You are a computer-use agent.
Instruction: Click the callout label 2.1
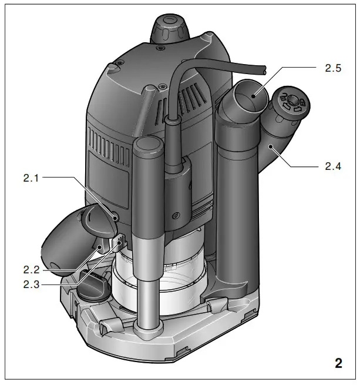pyautogui.click(x=31, y=178)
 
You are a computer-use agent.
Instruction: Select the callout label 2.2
pyautogui.click(x=31, y=270)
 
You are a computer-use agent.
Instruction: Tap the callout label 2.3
pyautogui.click(x=31, y=284)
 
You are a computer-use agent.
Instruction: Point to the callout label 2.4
pyautogui.click(x=333, y=166)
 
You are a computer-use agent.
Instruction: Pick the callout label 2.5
pyautogui.click(x=333, y=68)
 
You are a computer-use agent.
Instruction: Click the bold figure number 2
pyautogui.click(x=339, y=363)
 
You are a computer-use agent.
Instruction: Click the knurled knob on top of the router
pyautogui.click(x=170, y=29)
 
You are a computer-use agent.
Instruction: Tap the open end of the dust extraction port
pyautogui.click(x=250, y=96)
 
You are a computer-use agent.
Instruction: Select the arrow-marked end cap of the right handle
pyautogui.click(x=292, y=102)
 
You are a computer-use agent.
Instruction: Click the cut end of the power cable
pyautogui.click(x=264, y=70)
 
